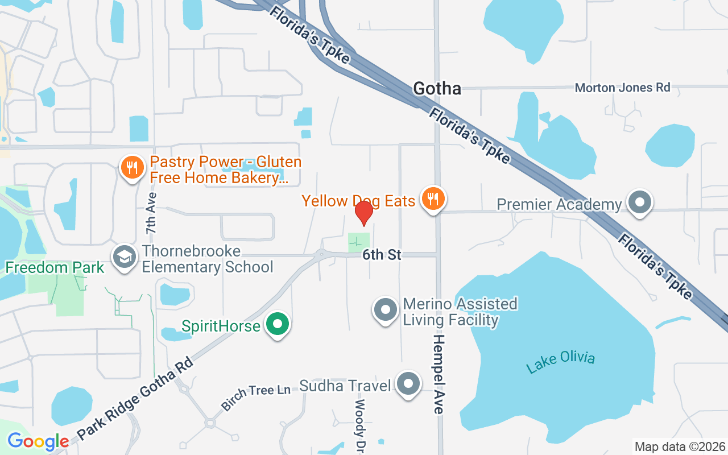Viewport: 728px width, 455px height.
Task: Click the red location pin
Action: [363, 213]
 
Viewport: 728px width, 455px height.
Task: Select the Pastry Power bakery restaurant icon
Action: [132, 168]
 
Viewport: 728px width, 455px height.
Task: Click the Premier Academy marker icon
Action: [640, 202]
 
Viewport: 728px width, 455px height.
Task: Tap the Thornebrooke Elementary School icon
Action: [123, 257]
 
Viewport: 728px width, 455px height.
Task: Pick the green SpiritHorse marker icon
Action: [278, 325]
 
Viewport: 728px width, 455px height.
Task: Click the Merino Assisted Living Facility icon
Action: [385, 311]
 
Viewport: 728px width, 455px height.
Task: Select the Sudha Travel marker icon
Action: [408, 384]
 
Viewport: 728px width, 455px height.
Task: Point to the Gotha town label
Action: [437, 88]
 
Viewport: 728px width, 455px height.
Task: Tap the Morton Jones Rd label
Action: [622, 88]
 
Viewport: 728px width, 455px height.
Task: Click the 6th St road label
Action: [382, 255]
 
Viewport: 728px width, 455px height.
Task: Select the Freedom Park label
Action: [55, 267]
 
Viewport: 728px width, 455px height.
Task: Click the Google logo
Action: [38, 441]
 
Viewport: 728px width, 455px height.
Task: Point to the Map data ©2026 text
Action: [680, 446]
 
